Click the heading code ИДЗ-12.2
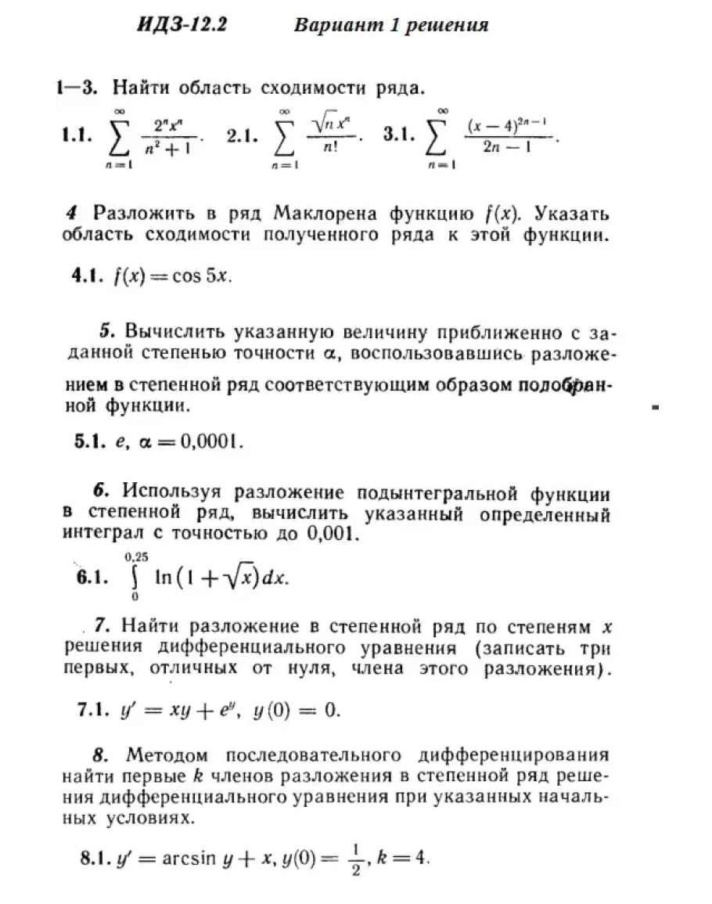coord(182,25)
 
